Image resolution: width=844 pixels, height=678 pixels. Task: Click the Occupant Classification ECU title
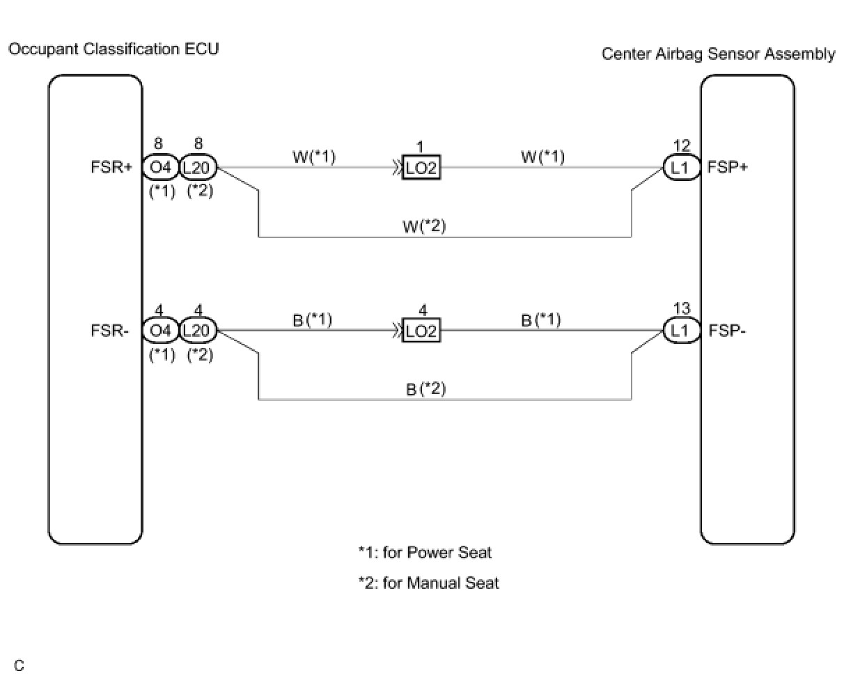(114, 49)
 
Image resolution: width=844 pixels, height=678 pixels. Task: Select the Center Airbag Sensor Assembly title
(718, 54)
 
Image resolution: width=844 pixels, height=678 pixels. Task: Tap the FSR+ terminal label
(111, 168)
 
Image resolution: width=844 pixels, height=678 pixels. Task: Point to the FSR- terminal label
(110, 331)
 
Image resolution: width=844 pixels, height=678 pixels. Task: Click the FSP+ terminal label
(727, 168)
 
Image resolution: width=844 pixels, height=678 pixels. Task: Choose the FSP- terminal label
(727, 331)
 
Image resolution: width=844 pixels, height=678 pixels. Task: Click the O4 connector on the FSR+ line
(161, 168)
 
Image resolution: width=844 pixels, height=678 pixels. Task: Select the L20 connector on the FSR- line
(198, 331)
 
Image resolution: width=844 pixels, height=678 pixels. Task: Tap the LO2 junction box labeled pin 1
(421, 168)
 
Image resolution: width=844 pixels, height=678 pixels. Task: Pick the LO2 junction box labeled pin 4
(421, 331)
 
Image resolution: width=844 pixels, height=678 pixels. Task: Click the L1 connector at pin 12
(681, 168)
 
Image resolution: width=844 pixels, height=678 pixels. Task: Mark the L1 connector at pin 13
(681, 331)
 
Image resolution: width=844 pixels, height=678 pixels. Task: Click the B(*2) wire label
(425, 389)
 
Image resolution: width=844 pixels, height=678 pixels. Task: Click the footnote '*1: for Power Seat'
(425, 553)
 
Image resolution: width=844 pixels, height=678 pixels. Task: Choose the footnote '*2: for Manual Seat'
(428, 583)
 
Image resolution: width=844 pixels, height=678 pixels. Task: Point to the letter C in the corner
(19, 666)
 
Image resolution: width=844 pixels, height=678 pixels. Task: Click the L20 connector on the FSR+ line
(198, 168)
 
